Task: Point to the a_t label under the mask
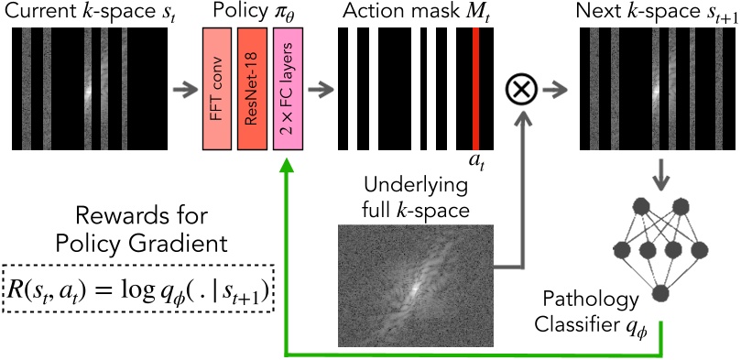click(x=476, y=162)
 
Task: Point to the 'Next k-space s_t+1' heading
click(x=653, y=13)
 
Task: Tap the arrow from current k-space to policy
click(x=184, y=89)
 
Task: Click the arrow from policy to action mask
click(x=320, y=89)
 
